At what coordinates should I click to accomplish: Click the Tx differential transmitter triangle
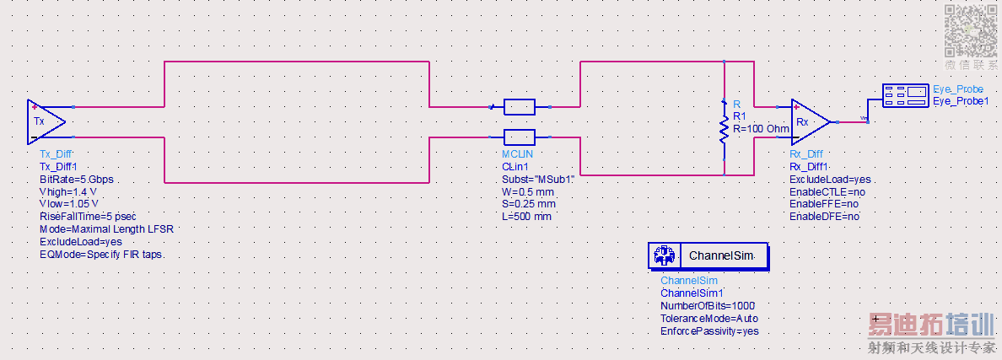click(x=45, y=121)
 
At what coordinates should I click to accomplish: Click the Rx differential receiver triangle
click(x=810, y=121)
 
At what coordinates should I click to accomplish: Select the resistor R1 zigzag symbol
click(x=724, y=130)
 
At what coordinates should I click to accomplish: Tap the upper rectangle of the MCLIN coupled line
click(x=519, y=107)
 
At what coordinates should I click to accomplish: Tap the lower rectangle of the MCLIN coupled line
click(x=519, y=137)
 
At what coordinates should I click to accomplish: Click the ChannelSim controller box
click(x=708, y=256)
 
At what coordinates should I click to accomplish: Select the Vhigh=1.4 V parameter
click(x=67, y=191)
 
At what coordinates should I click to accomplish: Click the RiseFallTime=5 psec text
click(x=88, y=217)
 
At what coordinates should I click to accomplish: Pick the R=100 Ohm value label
click(x=761, y=129)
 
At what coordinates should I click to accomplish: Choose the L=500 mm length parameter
click(x=526, y=217)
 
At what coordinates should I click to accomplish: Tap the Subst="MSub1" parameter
click(x=538, y=180)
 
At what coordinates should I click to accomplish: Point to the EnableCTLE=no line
click(x=827, y=192)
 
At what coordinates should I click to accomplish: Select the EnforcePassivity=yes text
click(x=709, y=331)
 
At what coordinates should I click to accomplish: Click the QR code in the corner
click(x=972, y=30)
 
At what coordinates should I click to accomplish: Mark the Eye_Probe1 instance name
click(x=961, y=101)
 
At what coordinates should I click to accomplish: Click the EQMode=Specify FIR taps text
click(x=101, y=255)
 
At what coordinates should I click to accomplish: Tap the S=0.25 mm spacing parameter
click(x=529, y=204)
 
